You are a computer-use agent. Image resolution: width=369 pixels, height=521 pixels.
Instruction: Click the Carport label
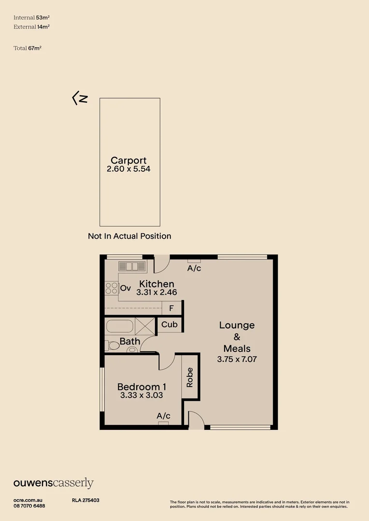[x=128, y=161]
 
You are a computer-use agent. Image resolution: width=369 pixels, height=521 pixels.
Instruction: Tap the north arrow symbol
[x=80, y=98]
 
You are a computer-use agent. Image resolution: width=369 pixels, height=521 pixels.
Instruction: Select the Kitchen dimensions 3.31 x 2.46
[x=156, y=292]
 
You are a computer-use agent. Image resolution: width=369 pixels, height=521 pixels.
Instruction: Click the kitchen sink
[x=132, y=266]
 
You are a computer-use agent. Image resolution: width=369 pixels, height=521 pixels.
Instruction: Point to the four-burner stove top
[x=112, y=288]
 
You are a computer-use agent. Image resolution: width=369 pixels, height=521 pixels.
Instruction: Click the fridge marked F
[x=171, y=308]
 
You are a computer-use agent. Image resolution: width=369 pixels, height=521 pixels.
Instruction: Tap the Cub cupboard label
[x=170, y=324]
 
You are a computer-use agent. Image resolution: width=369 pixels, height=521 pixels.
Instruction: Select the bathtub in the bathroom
[x=120, y=326]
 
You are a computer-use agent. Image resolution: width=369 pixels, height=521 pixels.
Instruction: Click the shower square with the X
[x=145, y=326]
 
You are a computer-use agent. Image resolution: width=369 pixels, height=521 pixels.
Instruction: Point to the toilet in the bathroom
[x=112, y=345]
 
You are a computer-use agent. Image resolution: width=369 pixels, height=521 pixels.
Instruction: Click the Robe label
[x=190, y=377]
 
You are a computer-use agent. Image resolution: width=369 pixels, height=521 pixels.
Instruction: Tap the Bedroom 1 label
[x=142, y=387]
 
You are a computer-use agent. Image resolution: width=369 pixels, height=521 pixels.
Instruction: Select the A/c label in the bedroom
[x=163, y=416]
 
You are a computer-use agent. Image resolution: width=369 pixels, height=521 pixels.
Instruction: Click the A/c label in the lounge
[x=194, y=268]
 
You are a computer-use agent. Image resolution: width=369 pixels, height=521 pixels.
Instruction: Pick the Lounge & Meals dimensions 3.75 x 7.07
[x=237, y=359]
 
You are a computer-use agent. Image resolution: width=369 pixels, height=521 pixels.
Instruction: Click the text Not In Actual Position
[x=129, y=236]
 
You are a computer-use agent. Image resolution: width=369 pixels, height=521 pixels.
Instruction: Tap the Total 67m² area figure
[x=28, y=48]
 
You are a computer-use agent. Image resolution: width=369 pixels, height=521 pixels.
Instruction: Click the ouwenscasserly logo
[x=54, y=483]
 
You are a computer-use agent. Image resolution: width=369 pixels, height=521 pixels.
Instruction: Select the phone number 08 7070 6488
[x=29, y=506]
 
